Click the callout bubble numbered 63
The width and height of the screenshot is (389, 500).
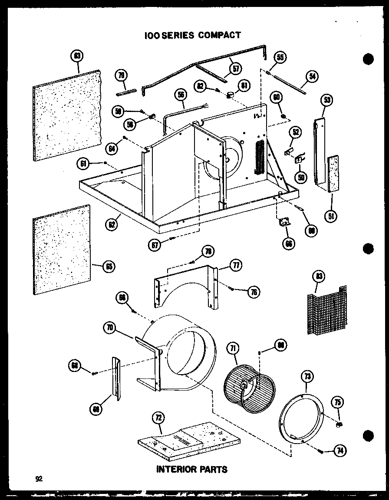tap(78, 56)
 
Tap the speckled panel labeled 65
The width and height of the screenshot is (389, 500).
tap(61, 250)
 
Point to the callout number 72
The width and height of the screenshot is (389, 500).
tap(158, 418)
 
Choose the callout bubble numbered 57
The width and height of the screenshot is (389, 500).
tap(236, 68)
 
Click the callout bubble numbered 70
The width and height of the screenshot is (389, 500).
tap(110, 328)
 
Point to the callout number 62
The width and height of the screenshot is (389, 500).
tap(112, 224)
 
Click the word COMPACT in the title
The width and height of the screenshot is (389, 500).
tap(220, 35)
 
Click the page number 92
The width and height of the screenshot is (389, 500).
tap(39, 479)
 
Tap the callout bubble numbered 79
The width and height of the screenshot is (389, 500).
tap(122, 76)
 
